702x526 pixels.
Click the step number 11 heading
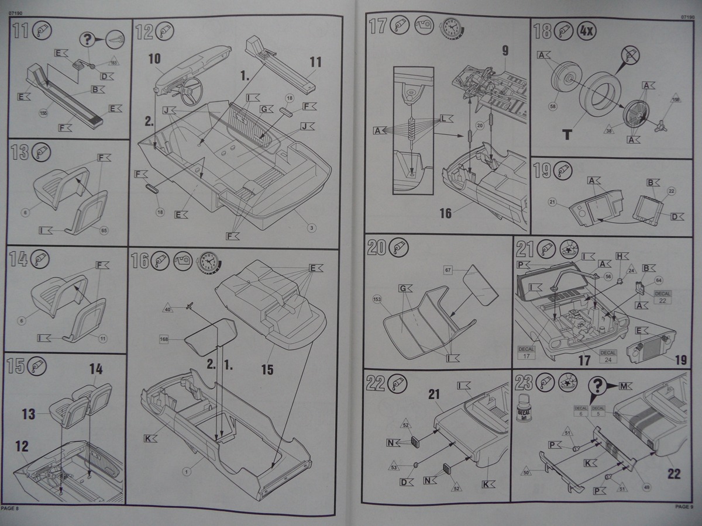[20, 29]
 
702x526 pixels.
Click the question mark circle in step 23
[597, 386]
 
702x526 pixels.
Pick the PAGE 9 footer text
[684, 507]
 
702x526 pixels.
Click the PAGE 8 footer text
[11, 508]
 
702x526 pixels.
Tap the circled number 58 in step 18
[552, 106]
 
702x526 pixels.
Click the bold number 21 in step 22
[433, 396]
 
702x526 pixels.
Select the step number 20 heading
[377, 248]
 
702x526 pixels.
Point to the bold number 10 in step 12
[154, 58]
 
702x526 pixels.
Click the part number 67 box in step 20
[449, 270]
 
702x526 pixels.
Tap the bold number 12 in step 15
[22, 447]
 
